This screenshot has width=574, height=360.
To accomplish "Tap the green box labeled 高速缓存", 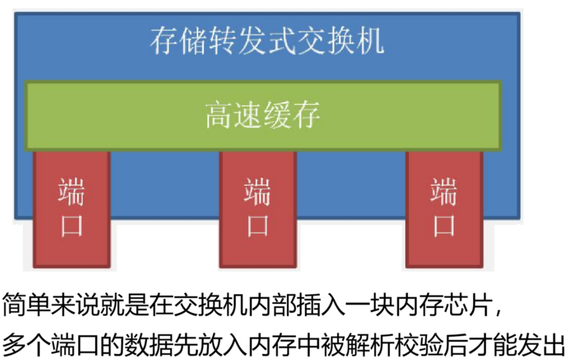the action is (263, 115).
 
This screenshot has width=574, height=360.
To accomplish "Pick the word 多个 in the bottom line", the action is (28, 343).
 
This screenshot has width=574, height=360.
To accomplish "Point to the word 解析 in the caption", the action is (372, 343).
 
